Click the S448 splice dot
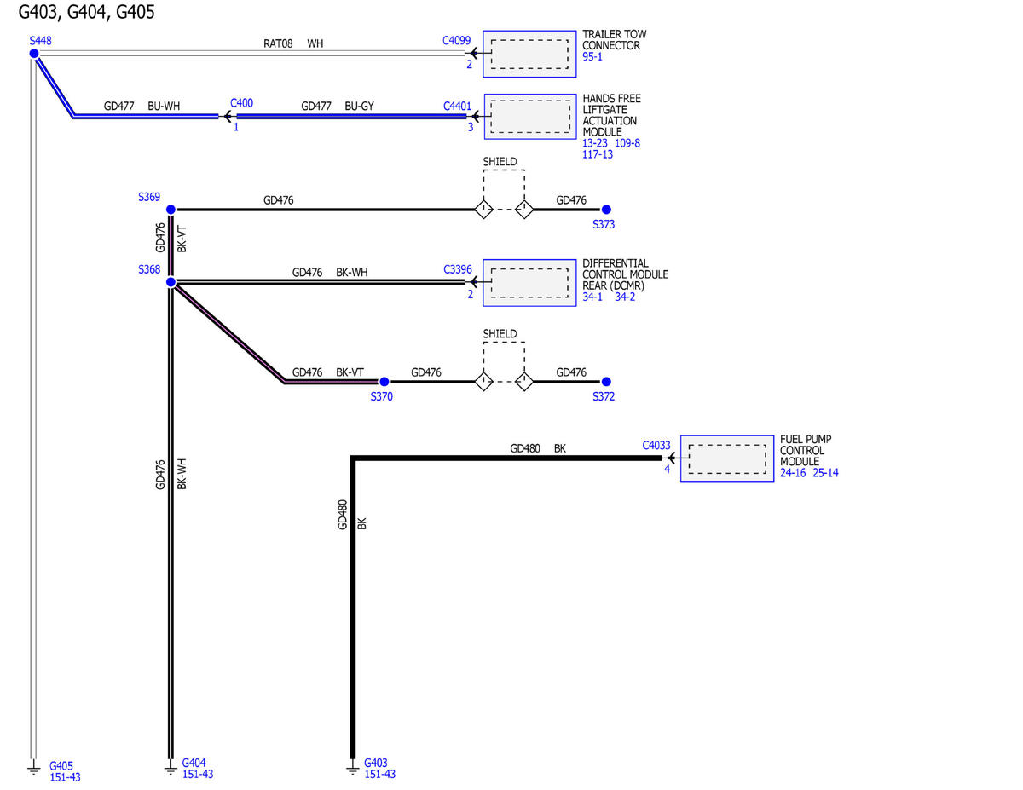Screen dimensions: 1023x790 pyautogui.click(x=34, y=54)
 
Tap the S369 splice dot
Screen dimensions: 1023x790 pyautogui.click(x=170, y=210)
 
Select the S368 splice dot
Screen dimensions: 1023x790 pyautogui.click(x=170, y=282)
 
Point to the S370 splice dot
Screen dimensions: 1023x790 pyautogui.click(x=384, y=382)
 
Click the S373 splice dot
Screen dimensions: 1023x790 pyautogui.click(x=606, y=210)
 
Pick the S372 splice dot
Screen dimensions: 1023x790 pyautogui.click(x=606, y=382)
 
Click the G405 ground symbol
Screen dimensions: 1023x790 pyautogui.click(x=33, y=769)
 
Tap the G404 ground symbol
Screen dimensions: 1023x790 pyautogui.click(x=170, y=769)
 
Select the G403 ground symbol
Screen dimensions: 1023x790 pyautogui.click(x=353, y=769)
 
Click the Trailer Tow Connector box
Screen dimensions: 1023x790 pyautogui.click(x=529, y=54)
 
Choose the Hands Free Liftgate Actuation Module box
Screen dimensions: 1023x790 pyautogui.click(x=530, y=117)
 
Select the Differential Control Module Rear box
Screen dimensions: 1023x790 pyautogui.click(x=529, y=283)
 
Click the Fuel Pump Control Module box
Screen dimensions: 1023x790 pyautogui.click(x=727, y=458)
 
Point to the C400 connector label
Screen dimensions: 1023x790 pyautogui.click(x=241, y=103)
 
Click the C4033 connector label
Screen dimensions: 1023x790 pyautogui.click(x=656, y=445)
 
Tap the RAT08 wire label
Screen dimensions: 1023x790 pyautogui.click(x=278, y=43)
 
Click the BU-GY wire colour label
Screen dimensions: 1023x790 pyautogui.click(x=359, y=107)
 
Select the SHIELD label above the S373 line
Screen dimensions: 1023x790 pyautogui.click(x=500, y=162)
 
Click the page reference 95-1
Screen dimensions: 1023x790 pyautogui.click(x=592, y=57)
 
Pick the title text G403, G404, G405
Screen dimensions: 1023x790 pyautogui.click(x=87, y=12)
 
